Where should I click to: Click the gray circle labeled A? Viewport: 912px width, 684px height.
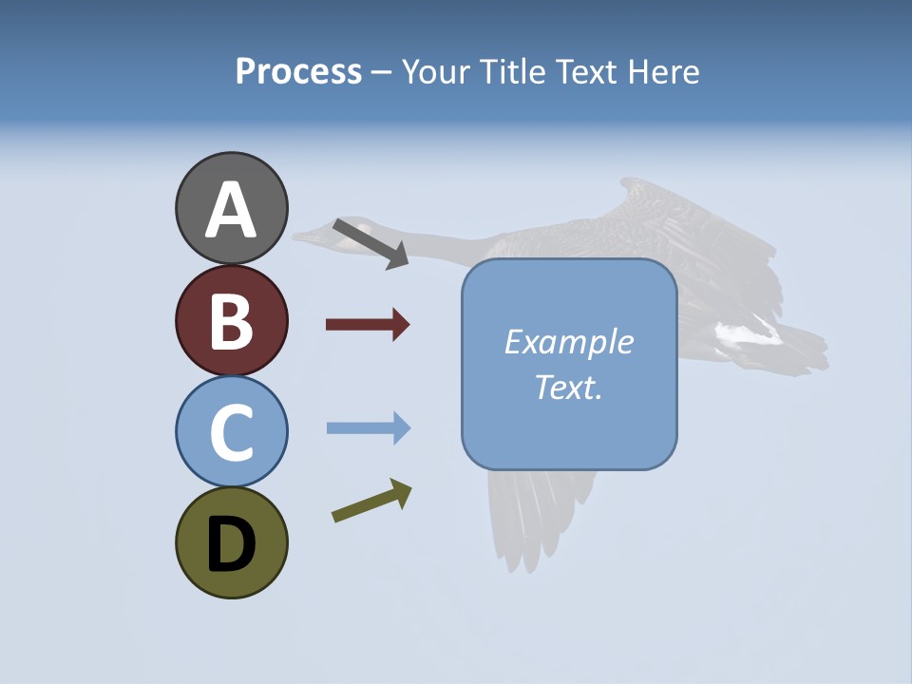click(231, 208)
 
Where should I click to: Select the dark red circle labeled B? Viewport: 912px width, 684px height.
click(231, 320)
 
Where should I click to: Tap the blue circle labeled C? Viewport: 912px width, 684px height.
click(231, 431)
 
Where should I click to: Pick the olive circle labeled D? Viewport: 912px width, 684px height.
click(231, 542)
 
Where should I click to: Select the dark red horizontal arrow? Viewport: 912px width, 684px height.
click(368, 325)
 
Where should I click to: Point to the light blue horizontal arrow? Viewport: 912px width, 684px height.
click(368, 428)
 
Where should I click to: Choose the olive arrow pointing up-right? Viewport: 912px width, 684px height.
click(371, 501)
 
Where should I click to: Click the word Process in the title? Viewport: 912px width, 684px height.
click(298, 71)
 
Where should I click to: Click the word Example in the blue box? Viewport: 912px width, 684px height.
click(568, 342)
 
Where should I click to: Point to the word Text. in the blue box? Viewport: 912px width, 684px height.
click(568, 387)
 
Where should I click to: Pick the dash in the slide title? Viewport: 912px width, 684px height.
click(381, 72)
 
